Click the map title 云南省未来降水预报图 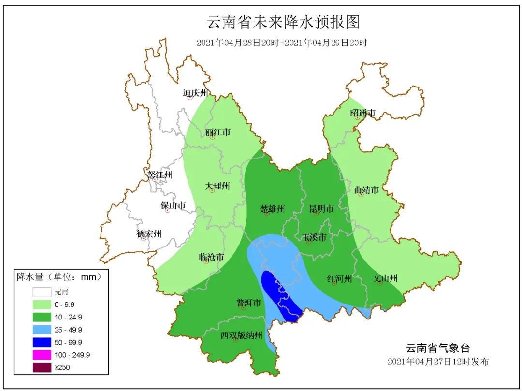click(x=284, y=22)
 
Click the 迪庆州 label click(x=195, y=92)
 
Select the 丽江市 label click(x=217, y=132)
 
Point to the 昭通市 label click(x=362, y=113)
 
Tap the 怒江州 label click(x=160, y=174)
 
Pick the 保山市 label click(x=173, y=205)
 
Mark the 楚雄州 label click(x=273, y=209)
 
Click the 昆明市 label click(x=321, y=209)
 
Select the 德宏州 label click(x=149, y=234)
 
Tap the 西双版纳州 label click(x=242, y=335)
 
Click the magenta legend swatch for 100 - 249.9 click(x=42, y=355)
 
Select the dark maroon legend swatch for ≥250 click(x=42, y=367)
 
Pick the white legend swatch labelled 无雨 click(x=42, y=292)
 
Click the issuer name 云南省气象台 click(x=437, y=348)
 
